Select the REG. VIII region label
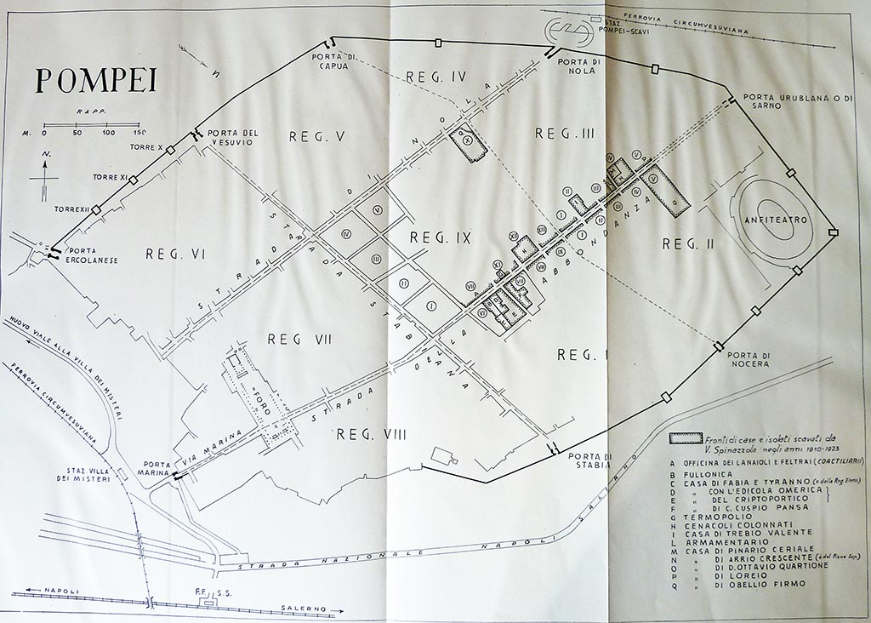tap(371, 434)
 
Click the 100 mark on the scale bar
tap(108, 134)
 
